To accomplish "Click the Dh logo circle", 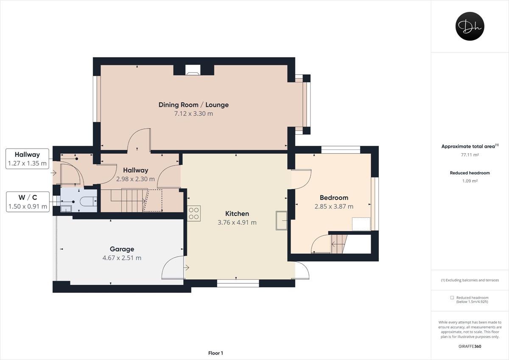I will pos(470,26).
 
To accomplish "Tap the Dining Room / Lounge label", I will pos(193,104).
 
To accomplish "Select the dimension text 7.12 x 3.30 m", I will pos(193,113).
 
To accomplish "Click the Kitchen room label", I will pos(237,214).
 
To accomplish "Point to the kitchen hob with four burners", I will pos(194,213).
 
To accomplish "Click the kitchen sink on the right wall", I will pos(282,220).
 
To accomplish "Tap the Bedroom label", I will pos(334,197).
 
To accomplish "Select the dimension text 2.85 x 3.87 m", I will pos(334,206).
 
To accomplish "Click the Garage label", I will pos(122,249).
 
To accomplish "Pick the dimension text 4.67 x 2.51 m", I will pos(122,258).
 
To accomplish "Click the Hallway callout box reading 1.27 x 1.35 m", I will pos(28,159).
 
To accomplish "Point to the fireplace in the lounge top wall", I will pos(193,70).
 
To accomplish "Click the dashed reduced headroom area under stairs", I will pos(154,201).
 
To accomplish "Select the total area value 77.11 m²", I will pos(470,155).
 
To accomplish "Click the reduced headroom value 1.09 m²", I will pos(470,181).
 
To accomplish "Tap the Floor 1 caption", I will pos(215,353).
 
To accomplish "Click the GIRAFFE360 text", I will pos(470,346).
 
